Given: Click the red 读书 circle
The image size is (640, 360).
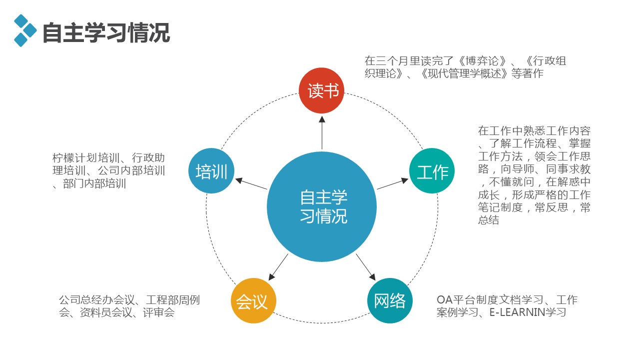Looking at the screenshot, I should click(x=322, y=90).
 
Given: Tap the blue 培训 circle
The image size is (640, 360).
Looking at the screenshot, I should click(x=211, y=171).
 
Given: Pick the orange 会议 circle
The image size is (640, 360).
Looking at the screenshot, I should click(x=253, y=301).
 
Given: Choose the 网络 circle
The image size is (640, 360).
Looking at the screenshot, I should click(x=390, y=301).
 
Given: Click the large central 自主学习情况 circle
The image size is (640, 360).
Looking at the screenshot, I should click(x=322, y=206).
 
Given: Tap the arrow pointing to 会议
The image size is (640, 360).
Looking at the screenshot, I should click(x=279, y=266).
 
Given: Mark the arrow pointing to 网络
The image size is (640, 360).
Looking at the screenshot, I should click(x=366, y=266).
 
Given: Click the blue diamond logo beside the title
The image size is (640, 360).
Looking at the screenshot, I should click(x=25, y=30).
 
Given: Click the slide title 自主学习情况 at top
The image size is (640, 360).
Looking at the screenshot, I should click(x=106, y=33).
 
